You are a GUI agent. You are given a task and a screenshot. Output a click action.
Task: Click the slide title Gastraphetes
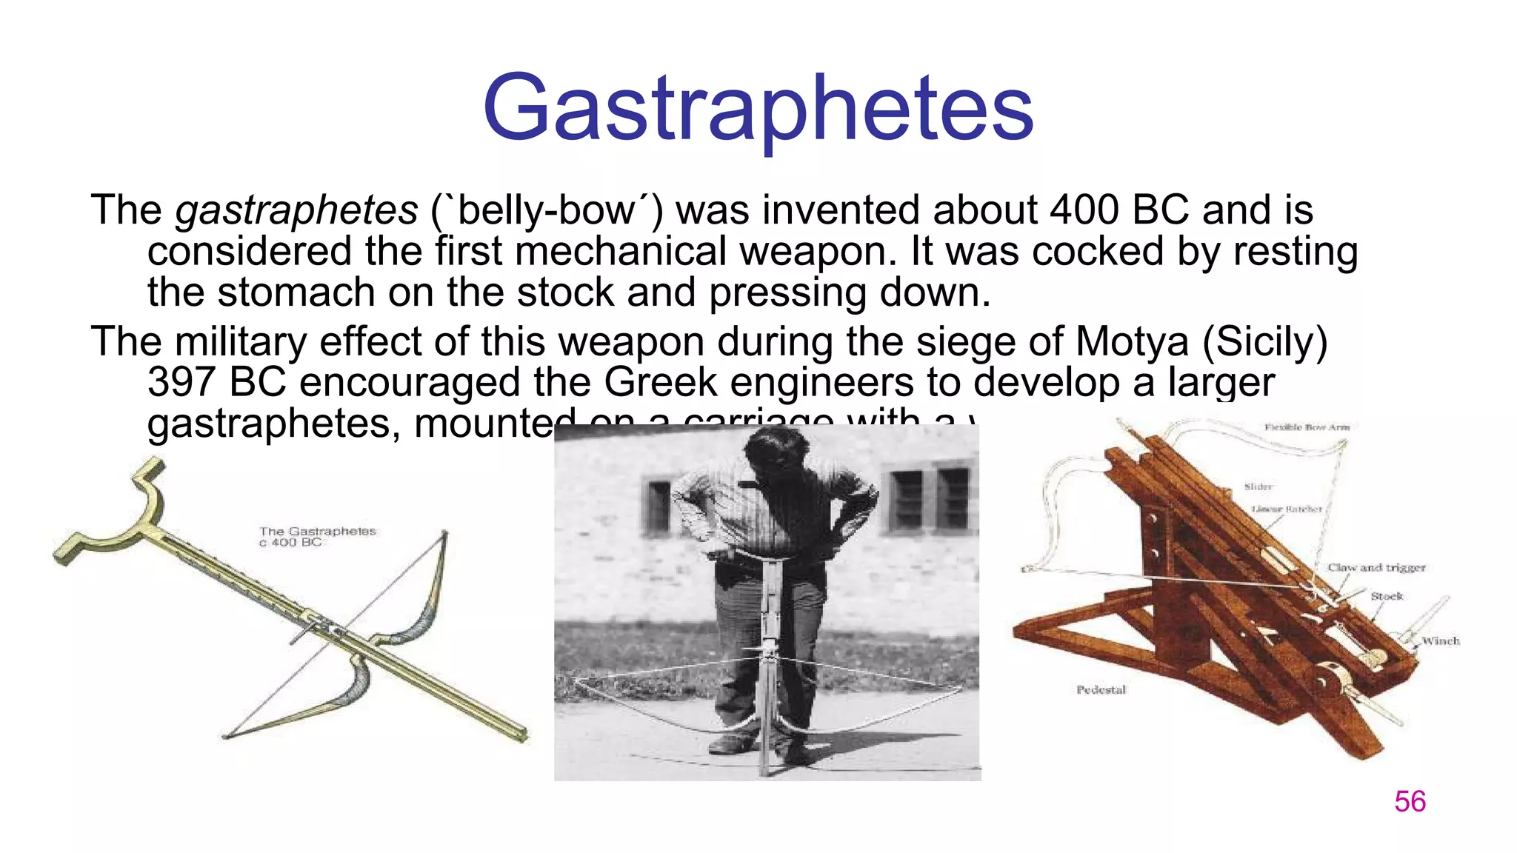tap(758, 110)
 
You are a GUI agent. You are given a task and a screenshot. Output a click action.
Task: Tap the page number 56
tap(1410, 802)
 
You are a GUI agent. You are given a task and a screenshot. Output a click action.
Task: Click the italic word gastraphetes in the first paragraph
tap(297, 211)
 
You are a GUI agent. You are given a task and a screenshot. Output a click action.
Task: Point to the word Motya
tap(1132, 342)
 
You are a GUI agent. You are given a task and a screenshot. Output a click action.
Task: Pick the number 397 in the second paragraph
tap(181, 383)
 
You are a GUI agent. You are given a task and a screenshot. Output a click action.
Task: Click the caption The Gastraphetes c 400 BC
tap(317, 537)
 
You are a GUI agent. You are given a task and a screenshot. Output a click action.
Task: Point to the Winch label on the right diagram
tap(1440, 641)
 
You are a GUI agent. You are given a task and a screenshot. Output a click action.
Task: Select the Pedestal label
tap(1101, 690)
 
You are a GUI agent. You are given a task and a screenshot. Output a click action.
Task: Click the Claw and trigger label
tap(1376, 568)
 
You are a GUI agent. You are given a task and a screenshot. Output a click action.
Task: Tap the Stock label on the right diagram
tap(1386, 596)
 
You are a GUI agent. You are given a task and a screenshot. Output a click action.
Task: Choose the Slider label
tap(1258, 486)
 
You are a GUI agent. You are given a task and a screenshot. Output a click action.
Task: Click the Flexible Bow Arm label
tap(1307, 427)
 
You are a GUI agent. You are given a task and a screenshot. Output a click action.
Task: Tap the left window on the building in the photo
tap(658, 507)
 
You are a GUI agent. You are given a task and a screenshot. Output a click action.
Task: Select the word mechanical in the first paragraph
tap(621, 252)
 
